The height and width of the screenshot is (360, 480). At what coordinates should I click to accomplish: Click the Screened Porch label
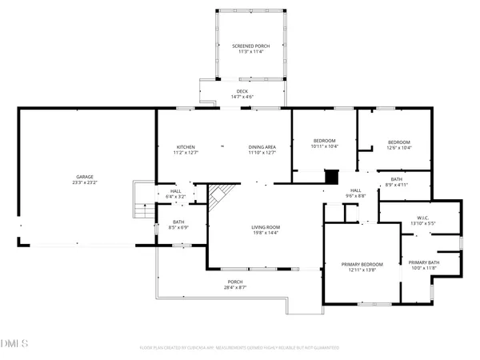pos(251,46)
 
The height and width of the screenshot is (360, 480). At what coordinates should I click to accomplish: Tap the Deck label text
pos(241,91)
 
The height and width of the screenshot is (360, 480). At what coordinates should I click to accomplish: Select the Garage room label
pos(86,176)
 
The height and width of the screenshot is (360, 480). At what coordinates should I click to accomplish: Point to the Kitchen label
pos(186,147)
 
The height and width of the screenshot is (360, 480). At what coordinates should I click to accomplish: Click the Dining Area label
pos(262,147)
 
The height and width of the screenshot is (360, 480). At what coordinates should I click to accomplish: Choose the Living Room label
pos(266,227)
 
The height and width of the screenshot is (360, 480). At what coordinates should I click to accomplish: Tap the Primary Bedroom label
pos(362,265)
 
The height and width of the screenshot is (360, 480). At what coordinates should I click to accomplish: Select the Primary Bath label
pos(422,262)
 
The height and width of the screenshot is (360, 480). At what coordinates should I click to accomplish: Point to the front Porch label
pos(235,282)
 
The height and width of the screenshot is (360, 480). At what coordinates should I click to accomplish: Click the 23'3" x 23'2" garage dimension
pos(86,182)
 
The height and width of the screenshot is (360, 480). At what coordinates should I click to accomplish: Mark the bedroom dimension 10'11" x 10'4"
pos(324,147)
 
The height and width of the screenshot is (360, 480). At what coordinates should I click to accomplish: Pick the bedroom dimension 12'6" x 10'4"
pos(398,147)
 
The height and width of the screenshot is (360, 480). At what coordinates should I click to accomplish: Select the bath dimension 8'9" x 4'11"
pos(397,185)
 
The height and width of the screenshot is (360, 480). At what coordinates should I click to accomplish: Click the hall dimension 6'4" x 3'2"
pos(176,197)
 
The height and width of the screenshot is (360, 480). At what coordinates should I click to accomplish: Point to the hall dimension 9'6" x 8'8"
pos(355,196)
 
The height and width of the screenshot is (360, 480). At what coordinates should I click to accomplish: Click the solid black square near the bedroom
pos(332,176)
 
